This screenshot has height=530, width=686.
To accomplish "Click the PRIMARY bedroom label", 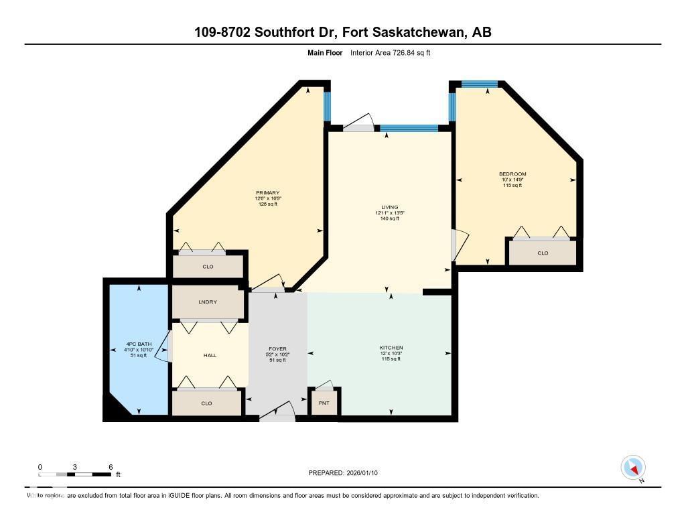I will (x=267, y=193).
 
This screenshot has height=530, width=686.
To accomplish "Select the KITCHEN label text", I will (x=391, y=347).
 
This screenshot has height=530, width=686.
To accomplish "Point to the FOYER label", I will (x=277, y=349).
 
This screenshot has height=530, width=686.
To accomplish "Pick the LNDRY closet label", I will (x=208, y=302).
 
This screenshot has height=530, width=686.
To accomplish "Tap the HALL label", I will (x=210, y=355).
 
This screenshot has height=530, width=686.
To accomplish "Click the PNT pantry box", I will (x=324, y=403).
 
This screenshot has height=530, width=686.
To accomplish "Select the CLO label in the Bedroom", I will (x=543, y=253).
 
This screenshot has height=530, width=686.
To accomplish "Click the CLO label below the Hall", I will (x=206, y=403).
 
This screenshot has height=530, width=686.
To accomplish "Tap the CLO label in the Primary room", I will (x=208, y=267).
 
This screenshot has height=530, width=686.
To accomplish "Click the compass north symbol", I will (x=633, y=468).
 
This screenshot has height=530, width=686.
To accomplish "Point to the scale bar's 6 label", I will (x=111, y=466).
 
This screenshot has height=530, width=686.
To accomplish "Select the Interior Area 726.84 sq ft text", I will (x=390, y=52).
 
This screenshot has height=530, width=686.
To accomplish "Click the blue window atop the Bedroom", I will (x=480, y=84).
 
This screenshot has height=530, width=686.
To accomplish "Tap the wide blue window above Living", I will (x=409, y=127).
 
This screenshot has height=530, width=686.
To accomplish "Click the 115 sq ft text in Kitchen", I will (x=391, y=359).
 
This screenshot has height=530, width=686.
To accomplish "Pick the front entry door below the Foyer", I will (x=277, y=417).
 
